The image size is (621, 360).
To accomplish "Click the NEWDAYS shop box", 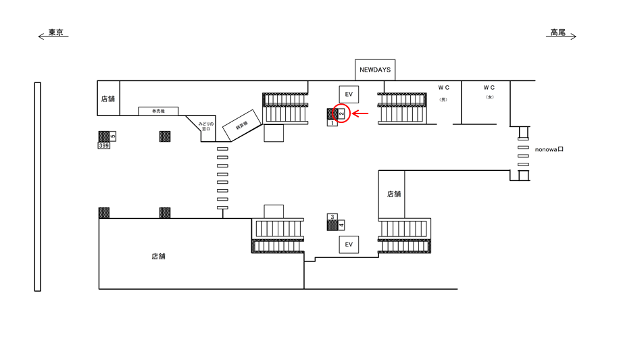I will tap(375, 70).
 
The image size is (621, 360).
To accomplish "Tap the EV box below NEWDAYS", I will tap(349, 94).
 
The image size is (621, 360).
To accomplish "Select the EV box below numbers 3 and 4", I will tap(349, 244).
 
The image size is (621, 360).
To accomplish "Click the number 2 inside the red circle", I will tap(342, 114).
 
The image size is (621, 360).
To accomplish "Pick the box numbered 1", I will tap(332, 123).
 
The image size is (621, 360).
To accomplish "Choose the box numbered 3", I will tap(332, 217).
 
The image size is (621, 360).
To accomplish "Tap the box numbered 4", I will tap(341, 225).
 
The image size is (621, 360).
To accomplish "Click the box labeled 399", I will tap(104, 145).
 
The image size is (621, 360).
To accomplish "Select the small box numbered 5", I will tap(113, 136).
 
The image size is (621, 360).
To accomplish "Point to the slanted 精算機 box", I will tap(241, 125).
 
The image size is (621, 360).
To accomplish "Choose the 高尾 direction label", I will tap(557, 32).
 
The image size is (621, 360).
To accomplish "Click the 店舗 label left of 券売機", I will tap(108, 99).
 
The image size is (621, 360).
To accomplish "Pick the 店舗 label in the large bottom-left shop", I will tap(159, 257).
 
